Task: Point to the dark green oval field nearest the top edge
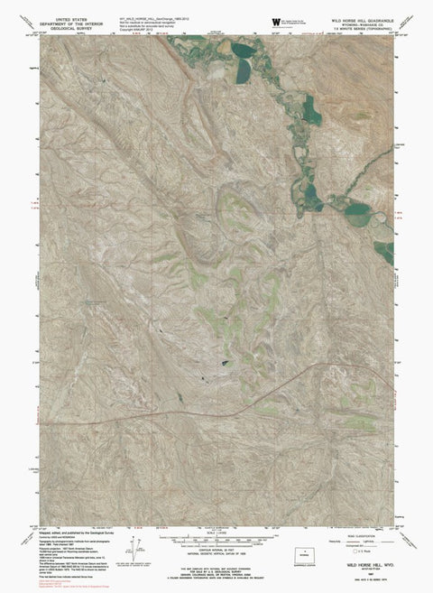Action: click(x=242, y=51)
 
